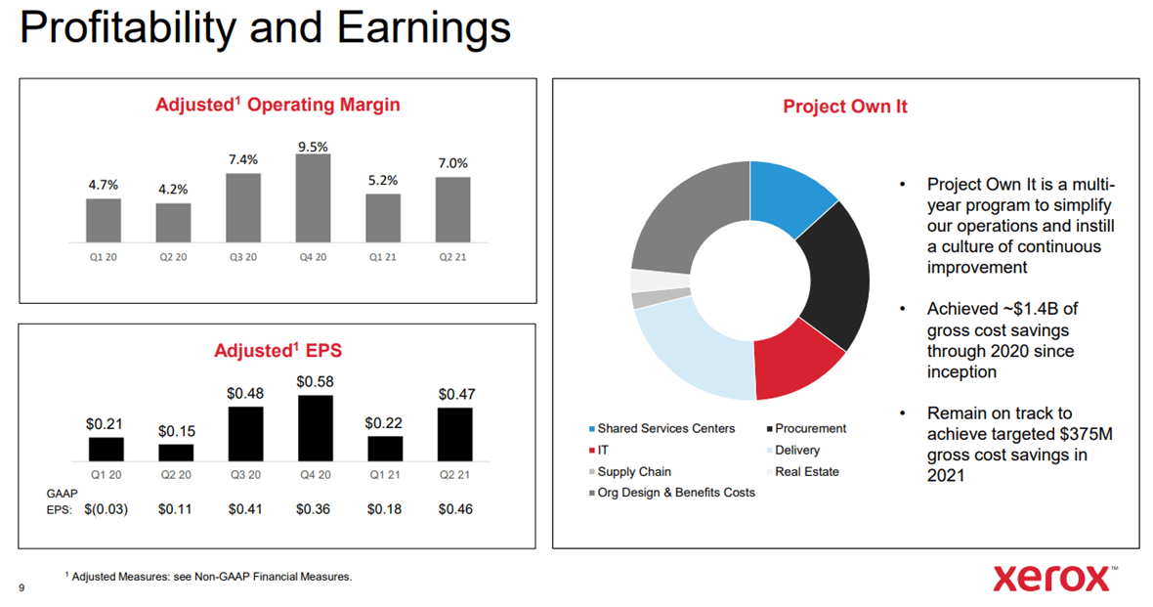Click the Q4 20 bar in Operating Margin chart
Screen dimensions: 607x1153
[x=313, y=198]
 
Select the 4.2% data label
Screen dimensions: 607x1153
[x=173, y=190]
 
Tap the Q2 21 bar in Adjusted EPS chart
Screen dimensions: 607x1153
[x=454, y=434]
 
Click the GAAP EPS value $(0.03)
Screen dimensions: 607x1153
[x=106, y=509]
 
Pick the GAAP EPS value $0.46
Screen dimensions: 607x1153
[x=455, y=509]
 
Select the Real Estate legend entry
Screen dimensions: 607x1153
[x=805, y=472]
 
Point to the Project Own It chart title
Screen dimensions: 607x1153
[x=844, y=107]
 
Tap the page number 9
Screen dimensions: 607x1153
[x=21, y=587]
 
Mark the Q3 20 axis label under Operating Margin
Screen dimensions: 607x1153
[x=243, y=257]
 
